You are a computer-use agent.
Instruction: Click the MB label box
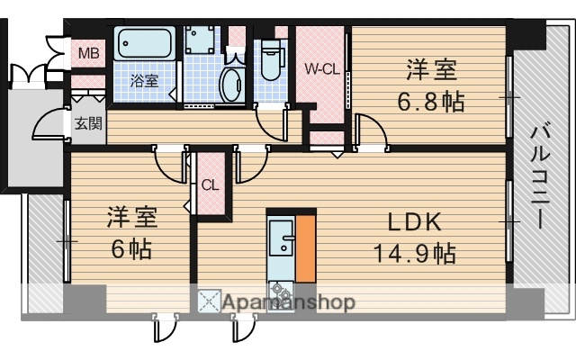click(x=88, y=53)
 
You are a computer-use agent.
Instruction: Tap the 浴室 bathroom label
click(x=143, y=80)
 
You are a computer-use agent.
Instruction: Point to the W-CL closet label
click(x=320, y=68)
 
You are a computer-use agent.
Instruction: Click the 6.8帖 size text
click(x=431, y=101)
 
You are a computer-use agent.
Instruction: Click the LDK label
click(x=414, y=221)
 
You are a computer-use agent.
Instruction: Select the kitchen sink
click(x=284, y=239)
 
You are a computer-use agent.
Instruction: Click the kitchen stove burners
click(x=280, y=290)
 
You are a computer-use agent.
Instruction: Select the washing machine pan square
click(x=199, y=41)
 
